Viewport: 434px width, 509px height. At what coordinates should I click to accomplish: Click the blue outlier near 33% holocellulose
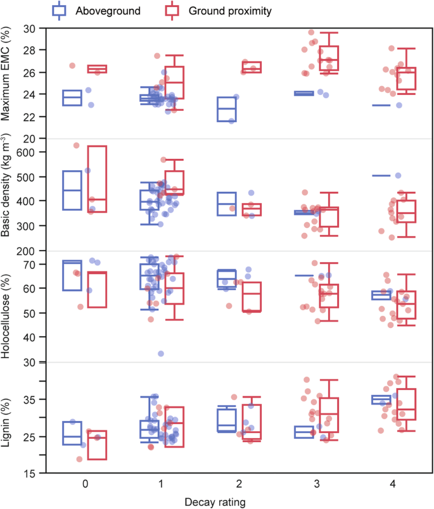(161, 353)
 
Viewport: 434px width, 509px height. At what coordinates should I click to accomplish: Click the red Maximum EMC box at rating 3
(329, 60)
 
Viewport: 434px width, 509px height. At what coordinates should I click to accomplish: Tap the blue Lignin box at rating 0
(72, 433)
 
